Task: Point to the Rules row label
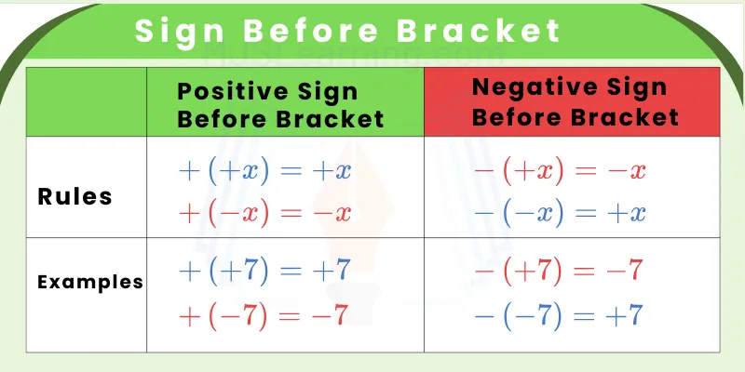point(75,197)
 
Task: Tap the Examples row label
point(90,281)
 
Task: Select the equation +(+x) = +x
point(264,171)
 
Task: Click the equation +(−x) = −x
point(264,213)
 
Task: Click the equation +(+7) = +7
point(264,271)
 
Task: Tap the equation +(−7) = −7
point(264,315)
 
